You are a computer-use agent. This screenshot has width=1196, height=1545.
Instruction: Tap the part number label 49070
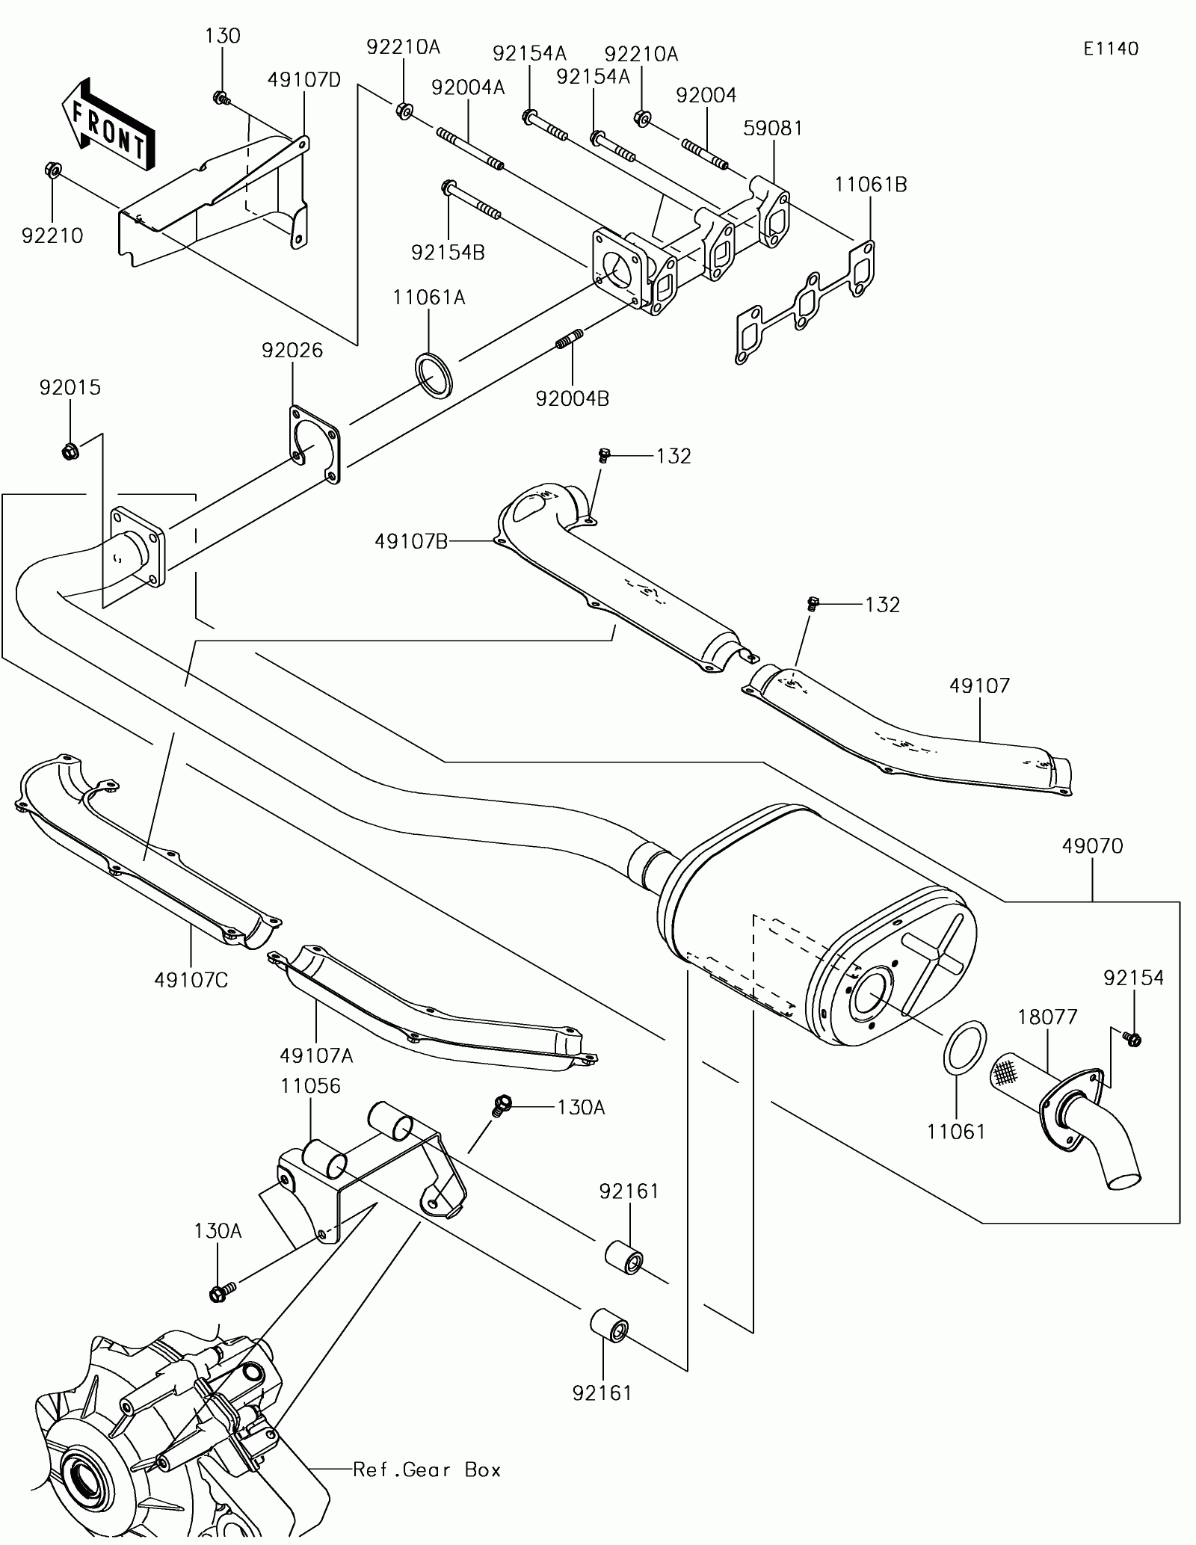click(x=1092, y=846)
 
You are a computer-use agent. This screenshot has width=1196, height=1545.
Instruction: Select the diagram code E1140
click(x=1112, y=49)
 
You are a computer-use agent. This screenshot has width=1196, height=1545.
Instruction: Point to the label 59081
click(x=773, y=128)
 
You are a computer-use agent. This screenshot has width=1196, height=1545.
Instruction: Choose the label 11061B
click(x=871, y=184)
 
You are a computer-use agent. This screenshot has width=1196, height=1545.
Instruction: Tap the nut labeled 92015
click(x=69, y=451)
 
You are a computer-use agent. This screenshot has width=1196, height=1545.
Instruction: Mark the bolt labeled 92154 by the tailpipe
click(x=1132, y=1037)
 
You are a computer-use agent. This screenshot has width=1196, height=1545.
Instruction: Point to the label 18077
click(x=1046, y=1017)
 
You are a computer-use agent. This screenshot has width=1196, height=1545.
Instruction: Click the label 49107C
click(x=191, y=979)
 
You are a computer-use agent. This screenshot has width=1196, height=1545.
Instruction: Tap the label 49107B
click(x=411, y=542)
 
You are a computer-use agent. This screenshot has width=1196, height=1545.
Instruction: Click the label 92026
click(x=292, y=350)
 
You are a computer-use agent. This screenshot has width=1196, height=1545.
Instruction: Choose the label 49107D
click(x=304, y=79)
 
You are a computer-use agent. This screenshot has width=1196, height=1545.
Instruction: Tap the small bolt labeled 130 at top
click(x=221, y=98)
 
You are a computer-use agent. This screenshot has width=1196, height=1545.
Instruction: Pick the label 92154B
click(x=448, y=253)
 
